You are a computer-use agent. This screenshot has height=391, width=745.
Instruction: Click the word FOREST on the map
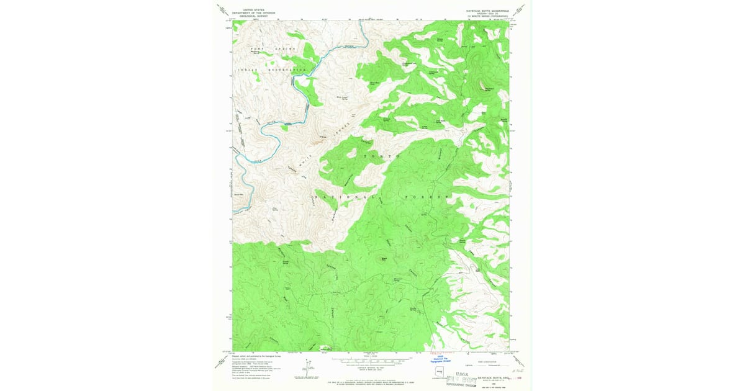(430, 197)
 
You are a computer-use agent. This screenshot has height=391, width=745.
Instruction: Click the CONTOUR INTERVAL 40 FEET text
(371, 367)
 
